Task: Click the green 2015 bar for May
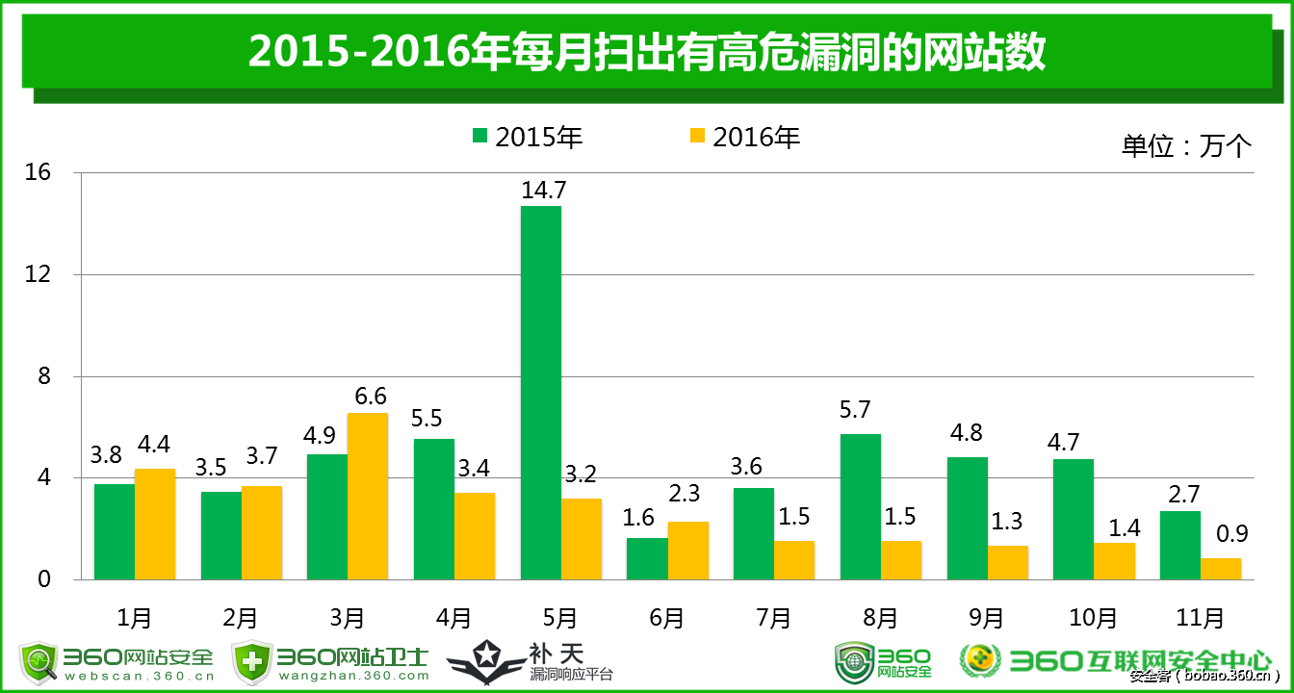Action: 540,393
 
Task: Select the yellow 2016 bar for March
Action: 368,496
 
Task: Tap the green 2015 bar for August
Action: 860,506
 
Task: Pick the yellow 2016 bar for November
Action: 1221,569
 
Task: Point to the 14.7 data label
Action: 541,190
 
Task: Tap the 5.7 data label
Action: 854,410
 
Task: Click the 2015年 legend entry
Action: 529,137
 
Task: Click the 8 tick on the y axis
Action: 44,376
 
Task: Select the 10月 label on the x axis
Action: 1094,617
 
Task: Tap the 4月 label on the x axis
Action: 453,617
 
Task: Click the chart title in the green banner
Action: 647,52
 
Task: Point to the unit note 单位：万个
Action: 1186,145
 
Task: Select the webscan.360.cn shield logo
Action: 39,662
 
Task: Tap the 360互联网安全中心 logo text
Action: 1141,659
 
